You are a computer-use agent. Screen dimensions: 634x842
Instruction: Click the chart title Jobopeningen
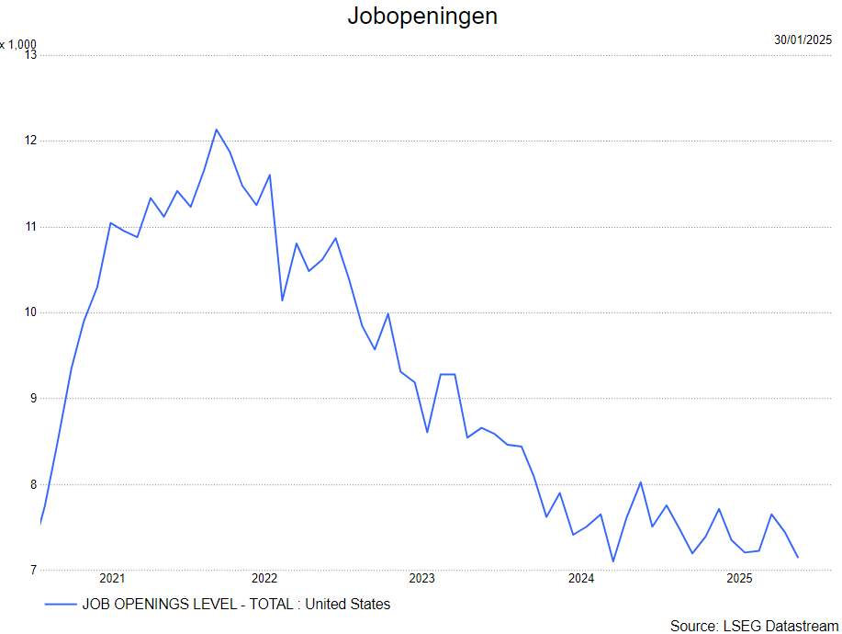click(422, 17)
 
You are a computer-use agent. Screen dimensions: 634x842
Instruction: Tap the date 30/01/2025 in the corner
click(803, 40)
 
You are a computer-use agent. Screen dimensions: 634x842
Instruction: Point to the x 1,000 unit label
click(17, 44)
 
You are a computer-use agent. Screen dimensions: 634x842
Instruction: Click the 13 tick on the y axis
click(30, 54)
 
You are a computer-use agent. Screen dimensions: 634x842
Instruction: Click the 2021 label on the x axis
click(112, 578)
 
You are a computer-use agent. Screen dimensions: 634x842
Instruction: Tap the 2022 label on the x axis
click(264, 578)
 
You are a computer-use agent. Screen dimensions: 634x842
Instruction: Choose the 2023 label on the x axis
click(422, 578)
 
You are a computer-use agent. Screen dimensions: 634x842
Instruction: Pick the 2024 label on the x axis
click(581, 578)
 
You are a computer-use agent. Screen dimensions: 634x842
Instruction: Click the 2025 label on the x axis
click(739, 578)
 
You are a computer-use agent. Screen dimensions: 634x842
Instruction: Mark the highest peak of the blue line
click(217, 130)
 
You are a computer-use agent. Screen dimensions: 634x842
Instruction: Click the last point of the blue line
click(798, 557)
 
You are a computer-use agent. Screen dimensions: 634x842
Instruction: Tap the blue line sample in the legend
click(61, 604)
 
